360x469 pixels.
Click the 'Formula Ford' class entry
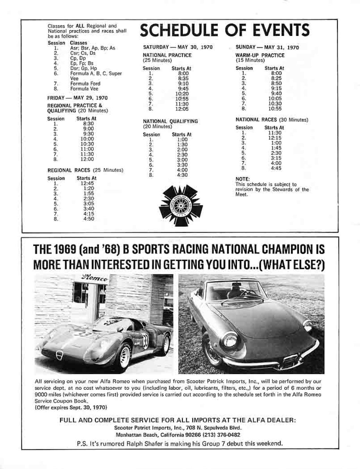[85, 83]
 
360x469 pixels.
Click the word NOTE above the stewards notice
[242, 179]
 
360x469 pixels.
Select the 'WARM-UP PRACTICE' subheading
[260, 55]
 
